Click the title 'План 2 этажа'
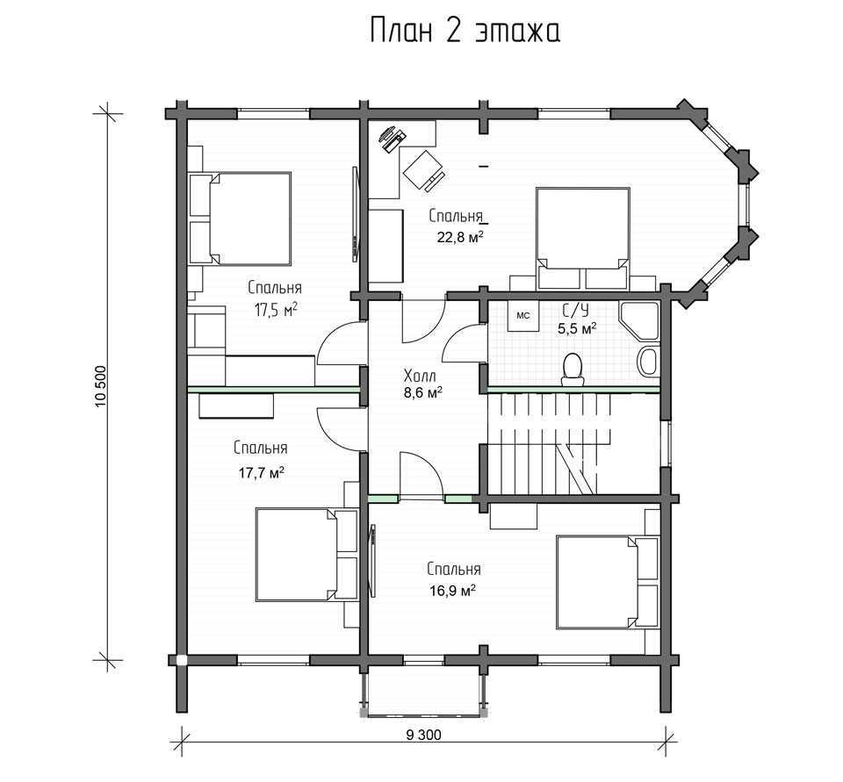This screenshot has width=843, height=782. (465, 31)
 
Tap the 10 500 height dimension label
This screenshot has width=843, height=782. (101, 386)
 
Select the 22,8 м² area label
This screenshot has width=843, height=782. (459, 237)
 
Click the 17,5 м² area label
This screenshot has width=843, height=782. (277, 310)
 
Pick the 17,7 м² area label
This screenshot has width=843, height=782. (262, 473)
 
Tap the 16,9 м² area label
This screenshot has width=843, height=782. (453, 592)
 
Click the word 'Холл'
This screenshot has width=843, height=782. (420, 375)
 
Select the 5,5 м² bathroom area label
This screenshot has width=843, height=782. (577, 328)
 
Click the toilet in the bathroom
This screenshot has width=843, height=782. (573, 369)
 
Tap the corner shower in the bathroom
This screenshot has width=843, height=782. (640, 321)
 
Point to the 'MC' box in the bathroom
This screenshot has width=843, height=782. (523, 316)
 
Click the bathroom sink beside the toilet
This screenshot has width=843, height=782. (648, 362)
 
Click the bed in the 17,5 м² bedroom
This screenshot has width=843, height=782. (240, 219)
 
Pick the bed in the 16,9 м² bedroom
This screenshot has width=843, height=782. (608, 582)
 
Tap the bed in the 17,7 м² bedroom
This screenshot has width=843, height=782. (307, 555)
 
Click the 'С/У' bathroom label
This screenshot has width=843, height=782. (576, 311)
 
